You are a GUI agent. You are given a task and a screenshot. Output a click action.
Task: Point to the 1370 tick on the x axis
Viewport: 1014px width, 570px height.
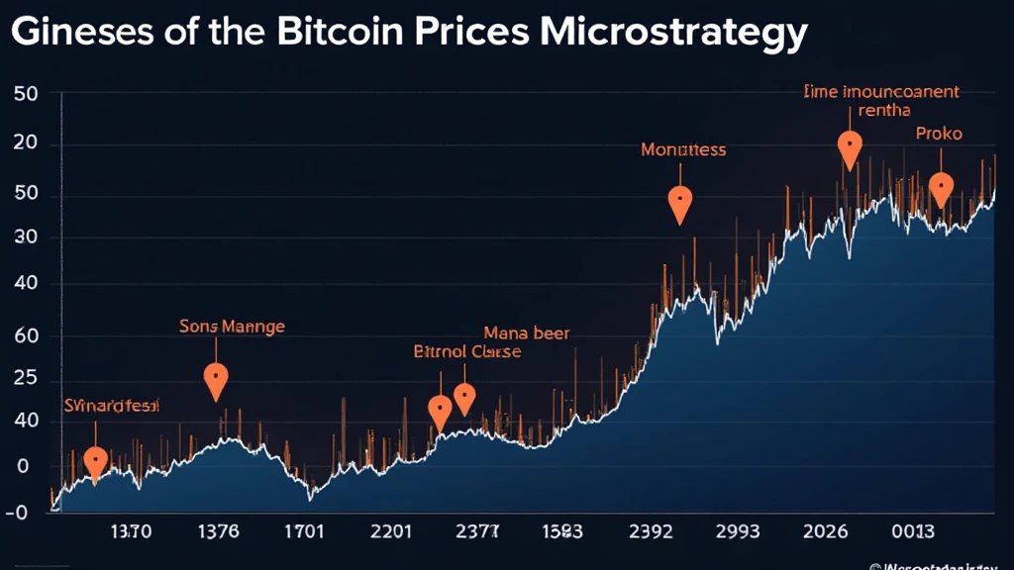click(131, 531)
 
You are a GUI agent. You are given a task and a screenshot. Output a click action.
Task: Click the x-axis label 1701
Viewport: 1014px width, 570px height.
click(303, 531)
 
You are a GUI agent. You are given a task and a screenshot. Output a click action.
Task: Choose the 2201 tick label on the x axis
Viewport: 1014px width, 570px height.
click(390, 531)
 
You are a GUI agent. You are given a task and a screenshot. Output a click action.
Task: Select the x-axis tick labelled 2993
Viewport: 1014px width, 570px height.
click(739, 531)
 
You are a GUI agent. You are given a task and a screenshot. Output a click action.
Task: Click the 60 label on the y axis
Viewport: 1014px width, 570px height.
click(27, 336)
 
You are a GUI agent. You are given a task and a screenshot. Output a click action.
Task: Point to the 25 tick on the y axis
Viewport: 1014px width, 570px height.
click(27, 379)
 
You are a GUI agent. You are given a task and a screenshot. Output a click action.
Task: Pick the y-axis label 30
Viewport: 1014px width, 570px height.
click(27, 238)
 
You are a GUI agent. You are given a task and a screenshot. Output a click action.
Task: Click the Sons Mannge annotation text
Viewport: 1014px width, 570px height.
click(232, 325)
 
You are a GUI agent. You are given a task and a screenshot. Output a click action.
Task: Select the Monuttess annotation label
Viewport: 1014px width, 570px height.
click(683, 150)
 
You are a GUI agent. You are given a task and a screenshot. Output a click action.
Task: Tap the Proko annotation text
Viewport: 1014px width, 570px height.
click(938, 133)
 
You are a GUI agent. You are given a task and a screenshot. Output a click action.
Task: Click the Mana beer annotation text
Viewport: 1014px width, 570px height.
click(526, 333)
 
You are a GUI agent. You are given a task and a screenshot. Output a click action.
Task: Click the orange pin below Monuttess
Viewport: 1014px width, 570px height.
click(680, 204)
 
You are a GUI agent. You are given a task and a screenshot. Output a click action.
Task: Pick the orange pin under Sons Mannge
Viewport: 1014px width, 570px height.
click(216, 379)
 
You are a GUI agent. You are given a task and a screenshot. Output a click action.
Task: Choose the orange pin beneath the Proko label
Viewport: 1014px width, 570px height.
click(941, 188)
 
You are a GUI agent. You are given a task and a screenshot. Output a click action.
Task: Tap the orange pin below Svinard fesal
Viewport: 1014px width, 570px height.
click(95, 462)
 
